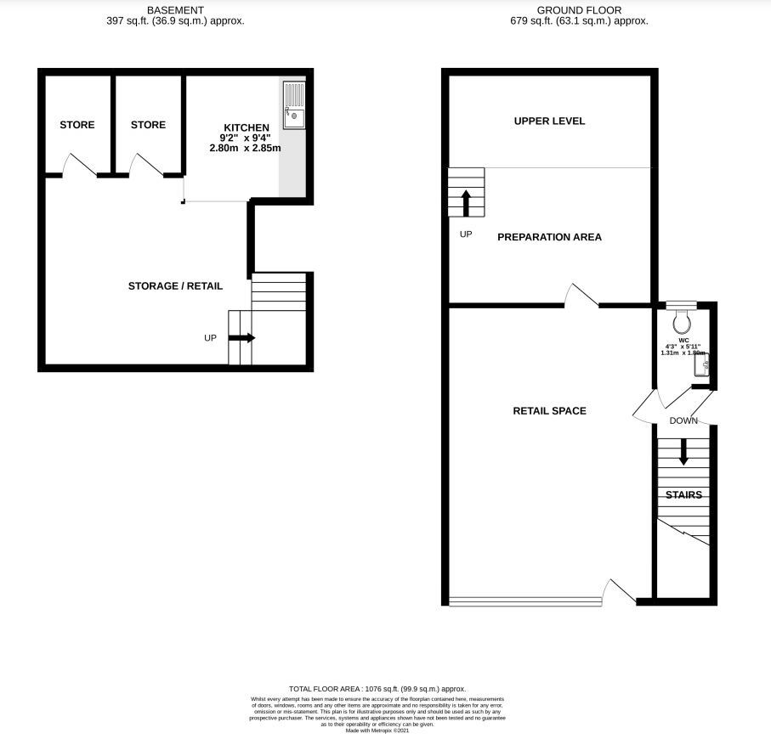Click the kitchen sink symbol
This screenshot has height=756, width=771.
(295, 104)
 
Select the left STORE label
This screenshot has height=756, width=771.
(77, 125)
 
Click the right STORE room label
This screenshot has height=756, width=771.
(148, 125)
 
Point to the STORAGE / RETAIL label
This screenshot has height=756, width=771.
(175, 286)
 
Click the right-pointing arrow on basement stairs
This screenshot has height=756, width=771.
(241, 337)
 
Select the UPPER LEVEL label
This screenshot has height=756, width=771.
(549, 121)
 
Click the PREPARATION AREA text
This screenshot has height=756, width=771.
(549, 237)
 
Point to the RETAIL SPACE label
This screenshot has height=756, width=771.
(549, 411)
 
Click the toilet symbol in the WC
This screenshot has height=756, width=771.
(681, 321)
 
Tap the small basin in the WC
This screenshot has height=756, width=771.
(702, 365)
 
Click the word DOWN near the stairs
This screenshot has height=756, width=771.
(683, 420)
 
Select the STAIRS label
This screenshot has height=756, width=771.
(683, 494)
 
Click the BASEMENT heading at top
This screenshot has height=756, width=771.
(175, 9)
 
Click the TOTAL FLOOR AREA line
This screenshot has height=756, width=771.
(377, 689)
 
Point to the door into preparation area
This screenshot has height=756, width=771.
(582, 296)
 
